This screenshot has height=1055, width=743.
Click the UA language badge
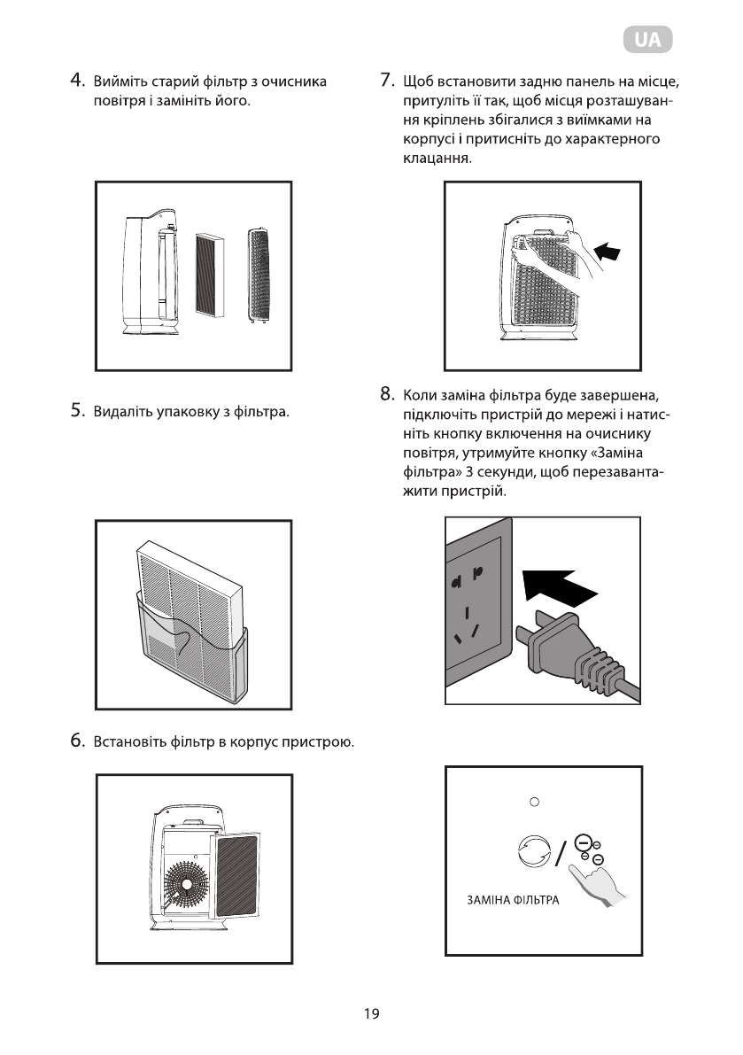[x=647, y=40]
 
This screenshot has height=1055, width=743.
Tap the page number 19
[x=371, y=1014]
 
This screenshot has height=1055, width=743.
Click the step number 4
[x=77, y=82]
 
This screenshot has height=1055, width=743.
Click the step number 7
[x=385, y=82]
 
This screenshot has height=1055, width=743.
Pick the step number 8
[x=385, y=392]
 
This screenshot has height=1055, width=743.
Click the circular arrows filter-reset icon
[x=533, y=853]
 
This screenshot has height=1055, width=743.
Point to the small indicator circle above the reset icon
[x=534, y=803]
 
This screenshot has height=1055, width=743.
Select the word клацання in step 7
[x=431, y=159]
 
